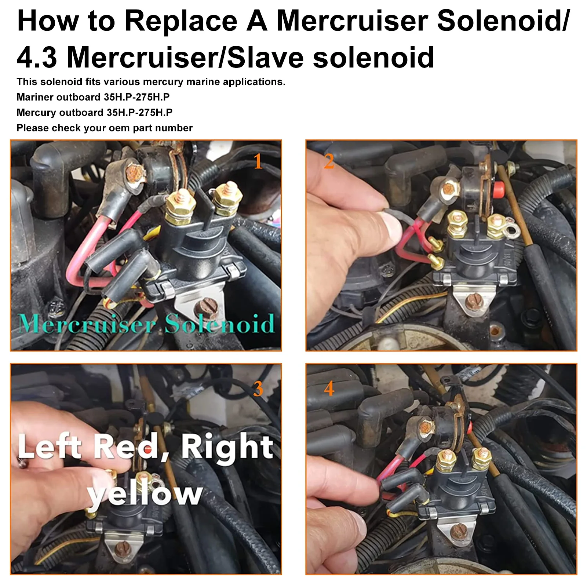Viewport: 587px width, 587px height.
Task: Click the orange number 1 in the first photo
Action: (x=258, y=161)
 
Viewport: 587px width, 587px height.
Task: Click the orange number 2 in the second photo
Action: (x=329, y=161)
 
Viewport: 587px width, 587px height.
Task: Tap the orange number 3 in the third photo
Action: (x=258, y=389)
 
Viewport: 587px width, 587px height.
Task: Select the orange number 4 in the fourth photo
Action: (x=329, y=389)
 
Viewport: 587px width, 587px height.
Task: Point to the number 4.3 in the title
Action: (x=37, y=58)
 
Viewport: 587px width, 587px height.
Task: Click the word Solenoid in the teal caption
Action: (x=219, y=324)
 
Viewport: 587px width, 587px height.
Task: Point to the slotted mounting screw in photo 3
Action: (x=121, y=549)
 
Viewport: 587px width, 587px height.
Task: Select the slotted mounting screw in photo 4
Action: (x=458, y=531)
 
